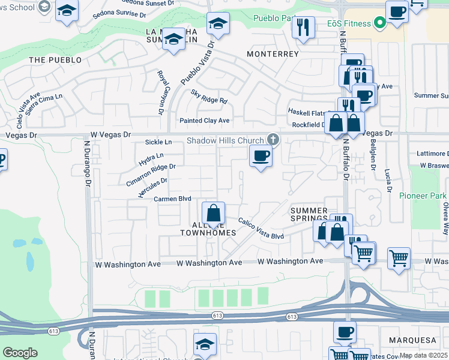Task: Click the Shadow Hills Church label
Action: coord(225,140)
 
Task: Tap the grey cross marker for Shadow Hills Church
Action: coord(273,140)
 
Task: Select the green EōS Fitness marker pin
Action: coord(379,24)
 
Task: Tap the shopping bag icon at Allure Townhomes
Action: coord(213,213)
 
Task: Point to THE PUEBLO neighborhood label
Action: coord(55,60)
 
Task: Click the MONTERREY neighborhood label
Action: coord(273,54)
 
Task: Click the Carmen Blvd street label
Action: coord(172,199)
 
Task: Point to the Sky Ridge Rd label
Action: coord(209,97)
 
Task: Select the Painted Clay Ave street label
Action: coord(205,121)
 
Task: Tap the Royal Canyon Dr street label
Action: coord(161,92)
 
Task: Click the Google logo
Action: coord(20,353)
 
